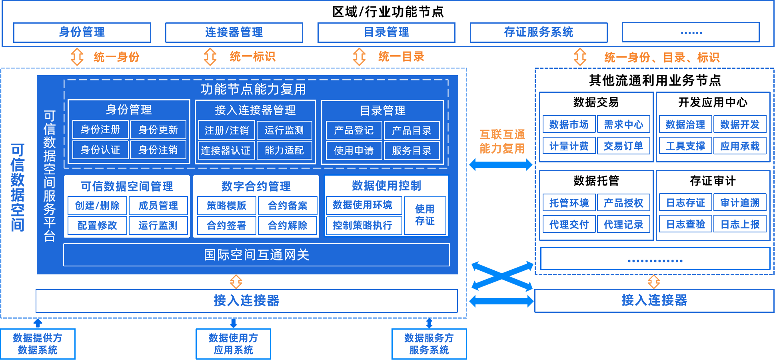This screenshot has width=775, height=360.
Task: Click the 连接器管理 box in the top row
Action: click(234, 32)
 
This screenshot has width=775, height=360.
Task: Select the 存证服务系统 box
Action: click(538, 32)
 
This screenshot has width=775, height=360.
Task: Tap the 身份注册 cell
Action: click(100, 130)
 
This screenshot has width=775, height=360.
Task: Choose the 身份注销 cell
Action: click(158, 150)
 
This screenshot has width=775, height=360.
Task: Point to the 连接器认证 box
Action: click(226, 150)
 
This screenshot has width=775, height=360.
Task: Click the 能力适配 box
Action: click(284, 150)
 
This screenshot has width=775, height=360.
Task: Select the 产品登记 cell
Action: click(354, 130)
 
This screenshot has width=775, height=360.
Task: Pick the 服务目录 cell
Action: click(411, 151)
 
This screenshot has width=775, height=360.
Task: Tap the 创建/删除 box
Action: click(97, 206)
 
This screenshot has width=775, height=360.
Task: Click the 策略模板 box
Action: click(226, 206)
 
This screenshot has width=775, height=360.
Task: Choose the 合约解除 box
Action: click(287, 226)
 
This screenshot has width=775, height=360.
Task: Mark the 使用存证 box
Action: click(425, 215)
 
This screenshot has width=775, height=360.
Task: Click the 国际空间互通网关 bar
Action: click(256, 255)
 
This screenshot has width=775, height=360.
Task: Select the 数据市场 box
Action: click(569, 124)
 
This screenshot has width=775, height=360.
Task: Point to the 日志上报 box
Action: click(740, 224)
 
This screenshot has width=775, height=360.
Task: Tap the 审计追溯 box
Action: click(740, 203)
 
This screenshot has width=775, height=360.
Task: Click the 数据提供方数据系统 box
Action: click(38, 344)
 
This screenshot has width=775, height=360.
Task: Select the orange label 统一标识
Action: click(252, 57)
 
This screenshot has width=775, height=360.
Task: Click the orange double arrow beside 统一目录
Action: click(359, 57)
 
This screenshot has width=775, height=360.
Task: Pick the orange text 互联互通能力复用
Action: click(502, 142)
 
